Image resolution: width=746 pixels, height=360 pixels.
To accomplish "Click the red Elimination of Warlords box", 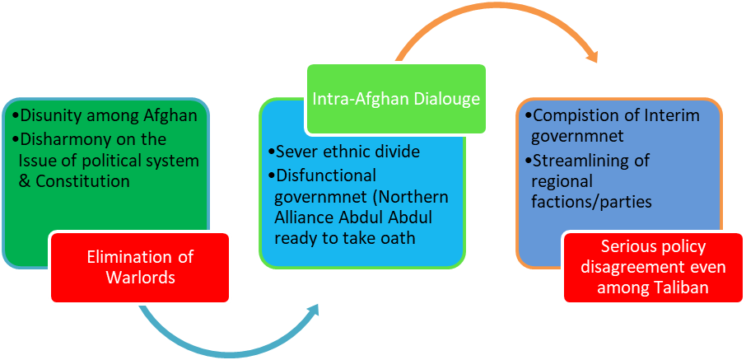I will [140, 267].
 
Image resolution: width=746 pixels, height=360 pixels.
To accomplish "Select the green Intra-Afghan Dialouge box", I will [395, 99].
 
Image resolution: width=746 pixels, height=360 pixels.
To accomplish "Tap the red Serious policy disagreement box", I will [654, 267].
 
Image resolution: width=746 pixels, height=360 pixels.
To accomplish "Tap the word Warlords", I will [140, 278].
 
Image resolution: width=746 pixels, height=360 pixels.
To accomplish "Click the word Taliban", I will [677, 288].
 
